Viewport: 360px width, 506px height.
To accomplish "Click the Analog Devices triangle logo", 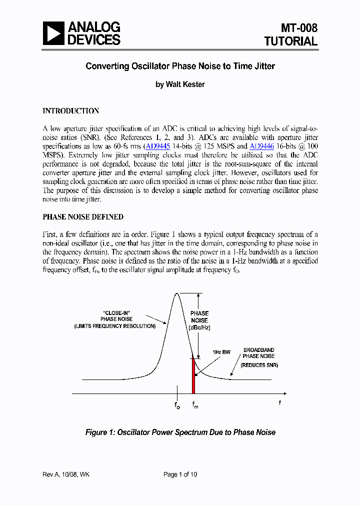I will [53, 33].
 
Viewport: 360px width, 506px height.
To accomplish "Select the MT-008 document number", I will [298, 28].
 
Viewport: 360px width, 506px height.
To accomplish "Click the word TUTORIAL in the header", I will [291, 41].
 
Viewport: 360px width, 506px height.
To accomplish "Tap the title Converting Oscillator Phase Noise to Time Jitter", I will [180, 66].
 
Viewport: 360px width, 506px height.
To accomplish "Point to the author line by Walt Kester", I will [180, 84].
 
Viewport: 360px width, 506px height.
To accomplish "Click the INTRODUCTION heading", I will [70, 111].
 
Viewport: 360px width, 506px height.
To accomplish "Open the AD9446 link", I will [261, 146].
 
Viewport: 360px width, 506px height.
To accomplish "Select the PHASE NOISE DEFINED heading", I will [83, 217].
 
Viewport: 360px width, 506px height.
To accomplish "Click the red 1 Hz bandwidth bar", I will [193, 375].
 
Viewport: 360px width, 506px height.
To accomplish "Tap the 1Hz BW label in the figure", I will [221, 352].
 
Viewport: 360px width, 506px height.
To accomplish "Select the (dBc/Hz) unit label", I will [199, 327].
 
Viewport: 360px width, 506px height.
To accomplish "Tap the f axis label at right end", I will [279, 402].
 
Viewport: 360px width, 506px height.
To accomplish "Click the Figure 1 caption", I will [180, 432].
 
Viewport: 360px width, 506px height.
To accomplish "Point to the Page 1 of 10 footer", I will [180, 474].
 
